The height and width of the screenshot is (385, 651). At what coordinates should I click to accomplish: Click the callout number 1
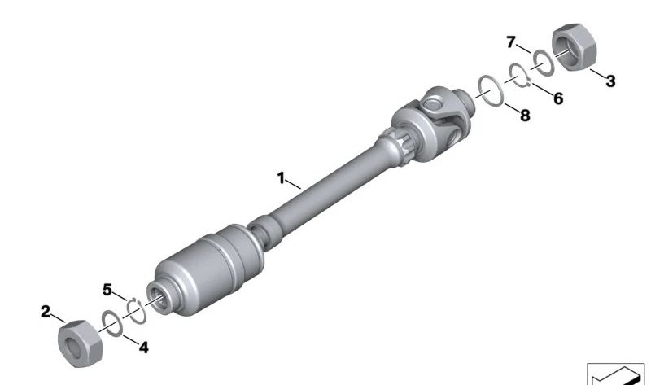click(281, 177)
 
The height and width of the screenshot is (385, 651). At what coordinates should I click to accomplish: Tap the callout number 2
click(46, 310)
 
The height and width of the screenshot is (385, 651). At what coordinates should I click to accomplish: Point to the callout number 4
click(143, 348)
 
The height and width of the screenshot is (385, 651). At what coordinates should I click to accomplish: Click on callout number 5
click(107, 288)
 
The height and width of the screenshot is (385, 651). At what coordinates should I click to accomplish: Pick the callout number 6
click(557, 98)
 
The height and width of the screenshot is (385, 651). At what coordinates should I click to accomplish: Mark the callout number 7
click(511, 41)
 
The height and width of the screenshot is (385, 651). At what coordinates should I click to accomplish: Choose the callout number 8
click(524, 116)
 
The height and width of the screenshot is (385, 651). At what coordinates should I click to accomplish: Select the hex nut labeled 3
click(575, 49)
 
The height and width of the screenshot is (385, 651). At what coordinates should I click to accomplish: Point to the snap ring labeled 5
click(136, 308)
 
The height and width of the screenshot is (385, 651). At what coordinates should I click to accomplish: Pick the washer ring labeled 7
click(540, 61)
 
